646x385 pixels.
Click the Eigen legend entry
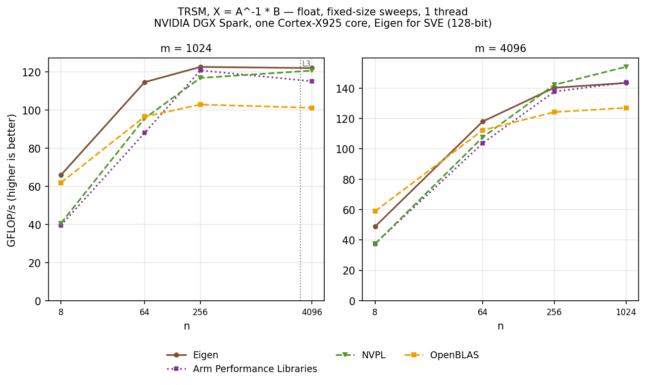193,355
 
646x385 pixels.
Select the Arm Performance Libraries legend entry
242,369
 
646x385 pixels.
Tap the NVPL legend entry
360,355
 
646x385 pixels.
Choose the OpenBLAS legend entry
442,355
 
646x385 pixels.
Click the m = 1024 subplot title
186,49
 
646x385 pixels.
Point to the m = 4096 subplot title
500,49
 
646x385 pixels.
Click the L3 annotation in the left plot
306,64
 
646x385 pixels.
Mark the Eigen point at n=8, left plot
61,175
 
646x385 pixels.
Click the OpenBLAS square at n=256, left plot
200,105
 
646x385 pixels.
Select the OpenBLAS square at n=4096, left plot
312,108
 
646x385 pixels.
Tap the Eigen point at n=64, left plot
145,83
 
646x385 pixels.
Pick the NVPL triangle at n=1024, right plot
626,67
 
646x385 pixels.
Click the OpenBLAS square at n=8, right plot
375,211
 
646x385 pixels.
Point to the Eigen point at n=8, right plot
375,226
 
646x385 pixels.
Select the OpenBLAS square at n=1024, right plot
626,108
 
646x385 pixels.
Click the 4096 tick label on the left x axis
312,312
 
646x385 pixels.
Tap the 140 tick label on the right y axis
346,88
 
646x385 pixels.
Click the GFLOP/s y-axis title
11,180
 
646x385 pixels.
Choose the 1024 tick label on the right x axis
626,312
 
